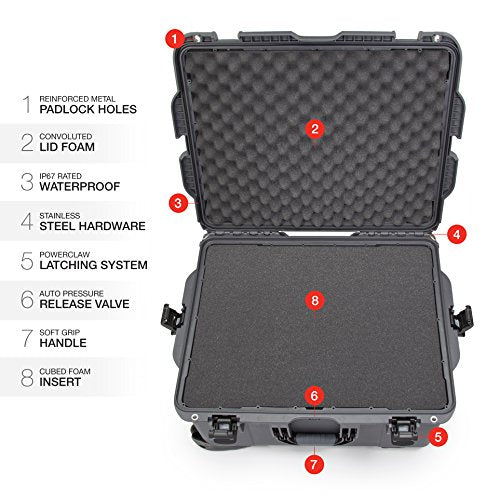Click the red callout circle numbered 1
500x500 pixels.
tap(175, 39)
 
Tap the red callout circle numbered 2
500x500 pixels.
tap(315, 129)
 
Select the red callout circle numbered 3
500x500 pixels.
tap(178, 203)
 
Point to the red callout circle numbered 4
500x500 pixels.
tap(456, 234)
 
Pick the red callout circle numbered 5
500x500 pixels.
tap(438, 436)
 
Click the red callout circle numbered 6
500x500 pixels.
tap(314, 396)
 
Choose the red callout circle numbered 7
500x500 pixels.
tap(314, 464)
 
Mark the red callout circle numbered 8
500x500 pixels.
tap(315, 300)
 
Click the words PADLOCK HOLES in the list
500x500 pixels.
tap(88, 109)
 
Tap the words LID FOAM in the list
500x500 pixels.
tap(67, 147)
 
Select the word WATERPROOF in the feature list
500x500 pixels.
tap(80, 187)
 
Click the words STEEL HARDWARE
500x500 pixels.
tap(92, 226)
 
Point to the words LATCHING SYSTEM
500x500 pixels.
tap(93, 265)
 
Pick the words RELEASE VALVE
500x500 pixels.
tap(84, 304)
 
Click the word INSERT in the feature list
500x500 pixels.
tap(60, 382)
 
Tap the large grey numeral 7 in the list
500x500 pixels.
tap(27, 338)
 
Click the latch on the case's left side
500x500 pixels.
tap(172, 319)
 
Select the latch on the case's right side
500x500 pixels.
tap(461, 320)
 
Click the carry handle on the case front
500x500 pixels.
tap(314, 433)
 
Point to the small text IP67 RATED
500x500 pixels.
tap(60, 176)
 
